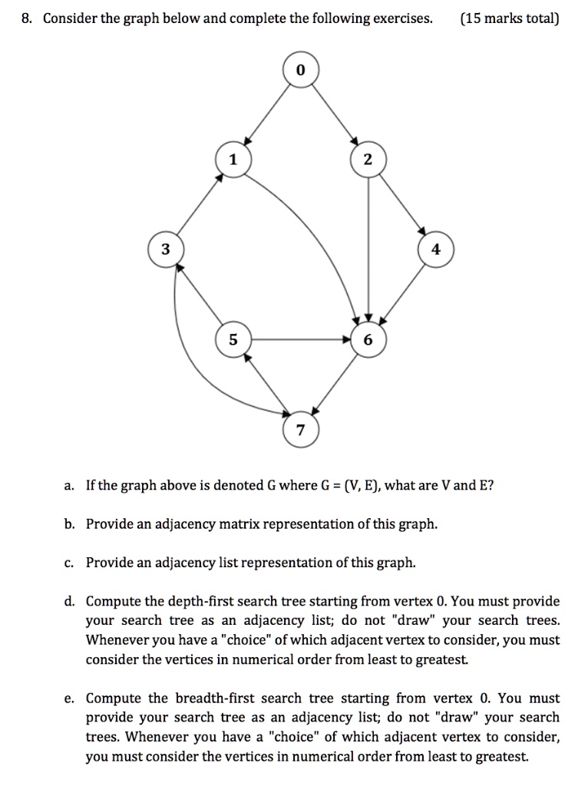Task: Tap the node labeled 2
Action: pyautogui.click(x=368, y=159)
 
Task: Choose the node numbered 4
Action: pyautogui.click(x=436, y=249)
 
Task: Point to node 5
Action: pyautogui.click(x=233, y=339)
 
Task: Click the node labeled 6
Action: pyautogui.click(x=368, y=339)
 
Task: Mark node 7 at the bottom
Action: pyautogui.click(x=300, y=428)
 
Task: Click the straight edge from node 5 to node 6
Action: pyautogui.click(x=299, y=339)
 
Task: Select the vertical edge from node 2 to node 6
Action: pyautogui.click(x=368, y=246)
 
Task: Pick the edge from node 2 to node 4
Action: pyautogui.click(x=401, y=203)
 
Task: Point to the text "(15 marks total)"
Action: pyautogui.click(x=510, y=18)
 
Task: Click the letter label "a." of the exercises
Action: pyautogui.click(x=69, y=485)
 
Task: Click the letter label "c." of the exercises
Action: pyautogui.click(x=69, y=563)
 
